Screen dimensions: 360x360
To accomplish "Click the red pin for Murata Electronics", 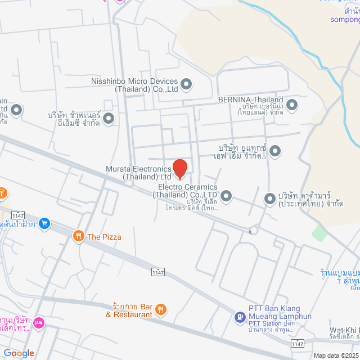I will tap(179, 168).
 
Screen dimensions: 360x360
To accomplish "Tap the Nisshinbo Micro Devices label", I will tap(134, 85).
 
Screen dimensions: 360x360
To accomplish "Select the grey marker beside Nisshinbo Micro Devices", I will tap(187, 85).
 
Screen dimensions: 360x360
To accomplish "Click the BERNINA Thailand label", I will tap(250, 100).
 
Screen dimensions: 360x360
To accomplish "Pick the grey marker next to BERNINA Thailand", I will tap(292, 105).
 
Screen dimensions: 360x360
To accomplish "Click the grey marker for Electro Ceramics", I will tap(226, 196).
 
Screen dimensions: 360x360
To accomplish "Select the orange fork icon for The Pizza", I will tap(78, 237).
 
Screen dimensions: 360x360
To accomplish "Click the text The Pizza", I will tap(104, 237).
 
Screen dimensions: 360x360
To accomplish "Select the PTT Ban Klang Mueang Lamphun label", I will tap(280, 313).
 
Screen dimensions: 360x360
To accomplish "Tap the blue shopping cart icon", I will tap(45, 224).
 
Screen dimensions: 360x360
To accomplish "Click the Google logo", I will tap(19, 353).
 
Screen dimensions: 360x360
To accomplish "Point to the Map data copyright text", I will tap(336, 355).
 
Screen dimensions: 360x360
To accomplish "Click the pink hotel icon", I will tap(39, 323).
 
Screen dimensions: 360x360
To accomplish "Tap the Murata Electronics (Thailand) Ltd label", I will tap(138, 173).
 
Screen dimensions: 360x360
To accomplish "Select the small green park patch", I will tap(319, 233).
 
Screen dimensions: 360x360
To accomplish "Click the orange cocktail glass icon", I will tap(3, 193).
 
